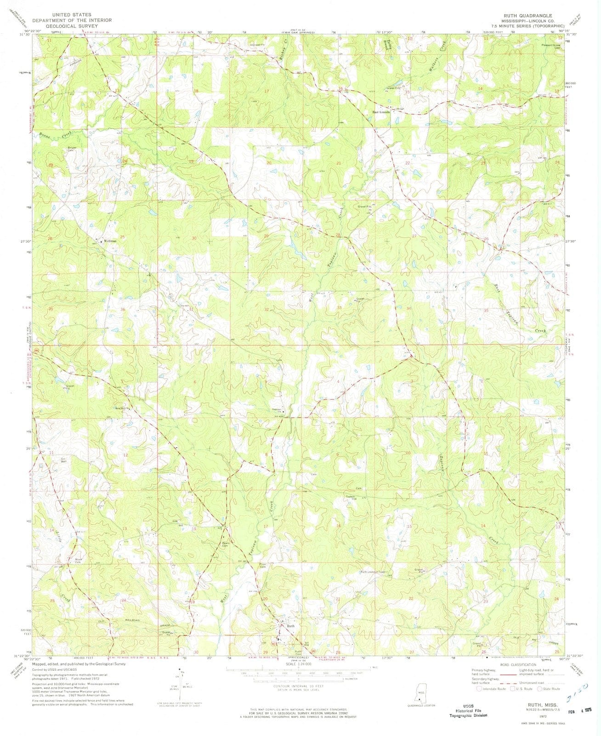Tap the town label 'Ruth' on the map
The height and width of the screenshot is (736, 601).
(x=290, y=626)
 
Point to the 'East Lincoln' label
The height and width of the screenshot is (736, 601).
(x=381, y=112)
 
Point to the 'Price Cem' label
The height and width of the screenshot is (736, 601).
(x=263, y=567)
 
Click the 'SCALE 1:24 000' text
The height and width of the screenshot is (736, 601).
(x=298, y=664)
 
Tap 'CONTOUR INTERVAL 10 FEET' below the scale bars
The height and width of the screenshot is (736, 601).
(x=298, y=686)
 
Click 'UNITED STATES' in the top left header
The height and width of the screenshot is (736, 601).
(x=72, y=15)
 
